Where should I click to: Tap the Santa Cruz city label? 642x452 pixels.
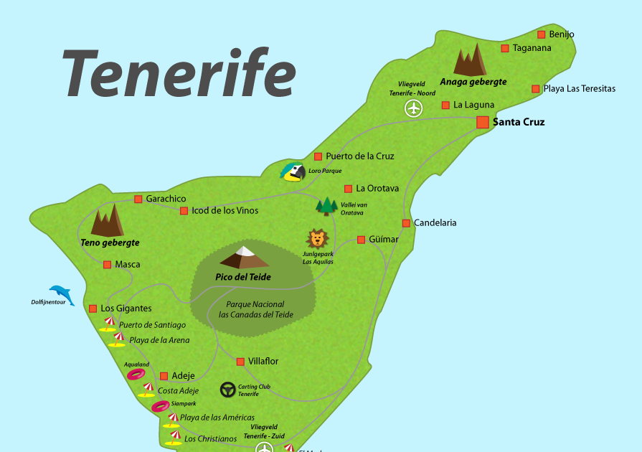click(x=519, y=122)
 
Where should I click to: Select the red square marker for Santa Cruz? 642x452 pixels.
click(x=483, y=122)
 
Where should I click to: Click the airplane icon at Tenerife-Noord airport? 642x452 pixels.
click(x=413, y=108)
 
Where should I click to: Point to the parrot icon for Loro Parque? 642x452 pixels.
click(x=292, y=172)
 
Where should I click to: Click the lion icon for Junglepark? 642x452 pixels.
click(x=317, y=238)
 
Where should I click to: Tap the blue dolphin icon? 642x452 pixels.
click(x=62, y=294)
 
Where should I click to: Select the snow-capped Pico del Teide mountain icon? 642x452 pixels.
click(x=245, y=257)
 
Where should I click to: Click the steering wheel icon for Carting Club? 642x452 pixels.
click(x=228, y=390)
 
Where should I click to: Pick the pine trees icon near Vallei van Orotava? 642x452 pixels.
click(x=327, y=207)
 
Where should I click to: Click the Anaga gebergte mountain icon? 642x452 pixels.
click(x=471, y=61)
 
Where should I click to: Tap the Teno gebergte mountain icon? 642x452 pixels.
click(x=108, y=221)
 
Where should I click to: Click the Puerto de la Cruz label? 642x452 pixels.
click(x=359, y=156)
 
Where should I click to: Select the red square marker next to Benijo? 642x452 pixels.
click(x=542, y=34)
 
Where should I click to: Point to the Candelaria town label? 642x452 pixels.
click(x=435, y=222)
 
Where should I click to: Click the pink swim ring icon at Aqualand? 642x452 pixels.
click(x=136, y=374)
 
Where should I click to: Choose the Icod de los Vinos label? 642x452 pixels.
click(x=225, y=210)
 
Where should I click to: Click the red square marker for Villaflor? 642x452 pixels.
click(x=240, y=361)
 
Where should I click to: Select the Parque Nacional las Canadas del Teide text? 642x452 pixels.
click(x=255, y=309)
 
